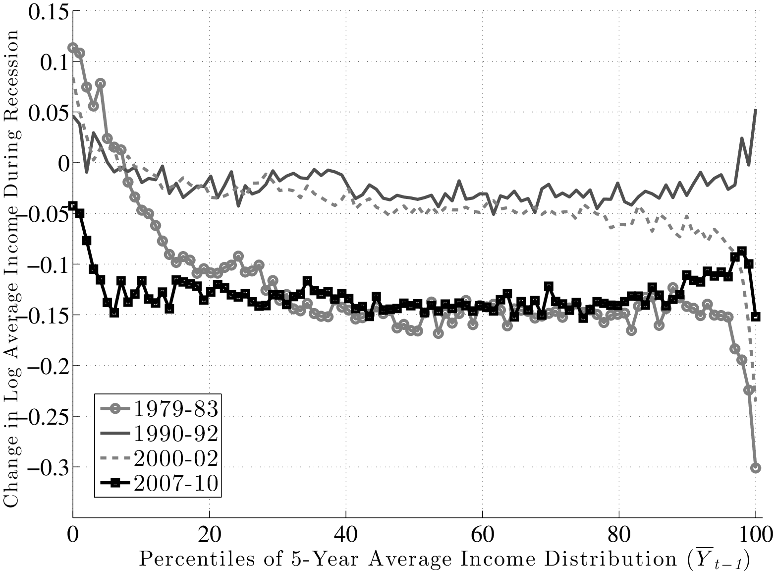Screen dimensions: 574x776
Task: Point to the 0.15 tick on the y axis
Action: [48, 11]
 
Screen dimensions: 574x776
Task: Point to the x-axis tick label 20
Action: [209, 535]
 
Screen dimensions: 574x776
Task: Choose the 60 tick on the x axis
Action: [482, 535]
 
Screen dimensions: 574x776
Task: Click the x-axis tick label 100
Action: [755, 535]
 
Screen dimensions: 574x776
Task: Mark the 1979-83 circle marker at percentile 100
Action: [756, 468]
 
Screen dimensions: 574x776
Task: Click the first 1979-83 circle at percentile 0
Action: [73, 48]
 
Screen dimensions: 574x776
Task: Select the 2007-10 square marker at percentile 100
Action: [756, 317]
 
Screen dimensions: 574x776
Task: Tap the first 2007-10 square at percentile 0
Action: [73, 206]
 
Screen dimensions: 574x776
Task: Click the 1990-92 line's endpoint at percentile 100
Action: [756, 110]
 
